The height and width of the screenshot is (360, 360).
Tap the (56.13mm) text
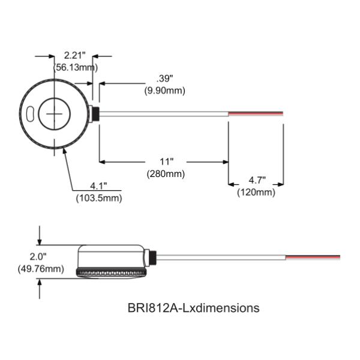coord(76,67)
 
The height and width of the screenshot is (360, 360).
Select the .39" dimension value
coord(164,79)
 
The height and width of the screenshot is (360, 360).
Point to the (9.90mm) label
coord(164,90)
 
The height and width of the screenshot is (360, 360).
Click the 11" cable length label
coord(166,162)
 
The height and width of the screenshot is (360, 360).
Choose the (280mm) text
coord(166,173)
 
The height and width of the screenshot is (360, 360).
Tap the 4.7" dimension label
coord(256,181)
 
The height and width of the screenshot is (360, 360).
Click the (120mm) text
coord(256,192)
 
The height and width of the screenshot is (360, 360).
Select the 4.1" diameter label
coord(98,185)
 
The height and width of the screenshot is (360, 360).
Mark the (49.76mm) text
coord(41,268)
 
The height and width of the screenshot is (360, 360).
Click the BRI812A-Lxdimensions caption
coord(194,308)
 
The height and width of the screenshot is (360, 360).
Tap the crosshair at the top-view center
coord(55,113)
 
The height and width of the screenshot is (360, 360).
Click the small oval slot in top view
coord(30,113)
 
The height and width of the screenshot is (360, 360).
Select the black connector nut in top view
coord(94,113)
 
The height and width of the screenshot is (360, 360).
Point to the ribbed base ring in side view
coord(113,274)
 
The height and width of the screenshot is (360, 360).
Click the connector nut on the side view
coord(152,257)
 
